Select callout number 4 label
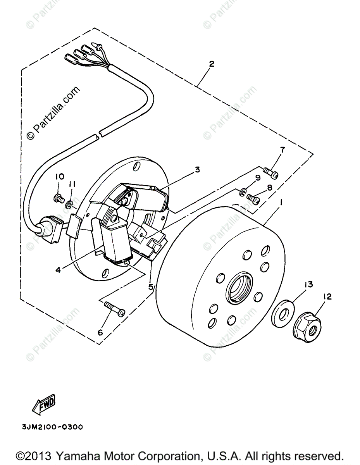coord(58,269)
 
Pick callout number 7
coord(282,150)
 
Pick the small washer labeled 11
coord(69,204)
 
